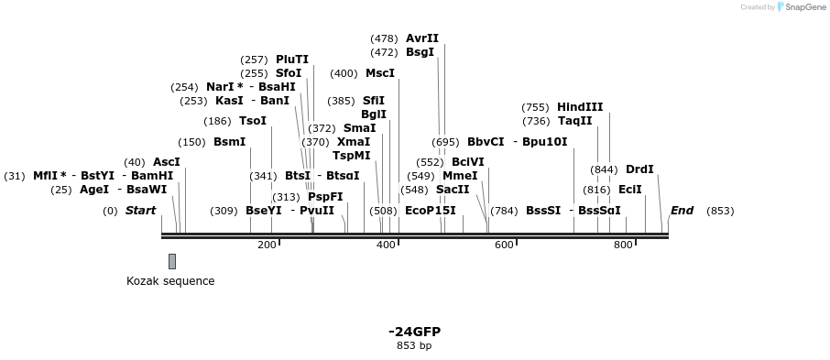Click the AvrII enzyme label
tap(422, 38)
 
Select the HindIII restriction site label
tap(580, 107)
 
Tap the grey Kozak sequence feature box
tap(172, 262)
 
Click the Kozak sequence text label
tap(170, 281)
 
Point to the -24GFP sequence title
tap(414, 331)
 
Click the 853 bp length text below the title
tap(414, 345)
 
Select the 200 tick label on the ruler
tap(267, 245)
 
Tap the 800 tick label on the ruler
tap(623, 245)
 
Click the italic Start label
tap(141, 211)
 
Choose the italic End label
tap(682, 211)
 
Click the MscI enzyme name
tap(380, 73)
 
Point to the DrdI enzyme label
tap(639, 169)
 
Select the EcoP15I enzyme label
tap(430, 211)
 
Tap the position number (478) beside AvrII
tap(384, 38)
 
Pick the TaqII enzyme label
tap(574, 121)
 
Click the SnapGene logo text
tap(802, 7)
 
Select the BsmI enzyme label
tap(229, 142)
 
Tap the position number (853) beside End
tap(720, 211)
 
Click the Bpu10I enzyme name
tap(545, 142)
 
